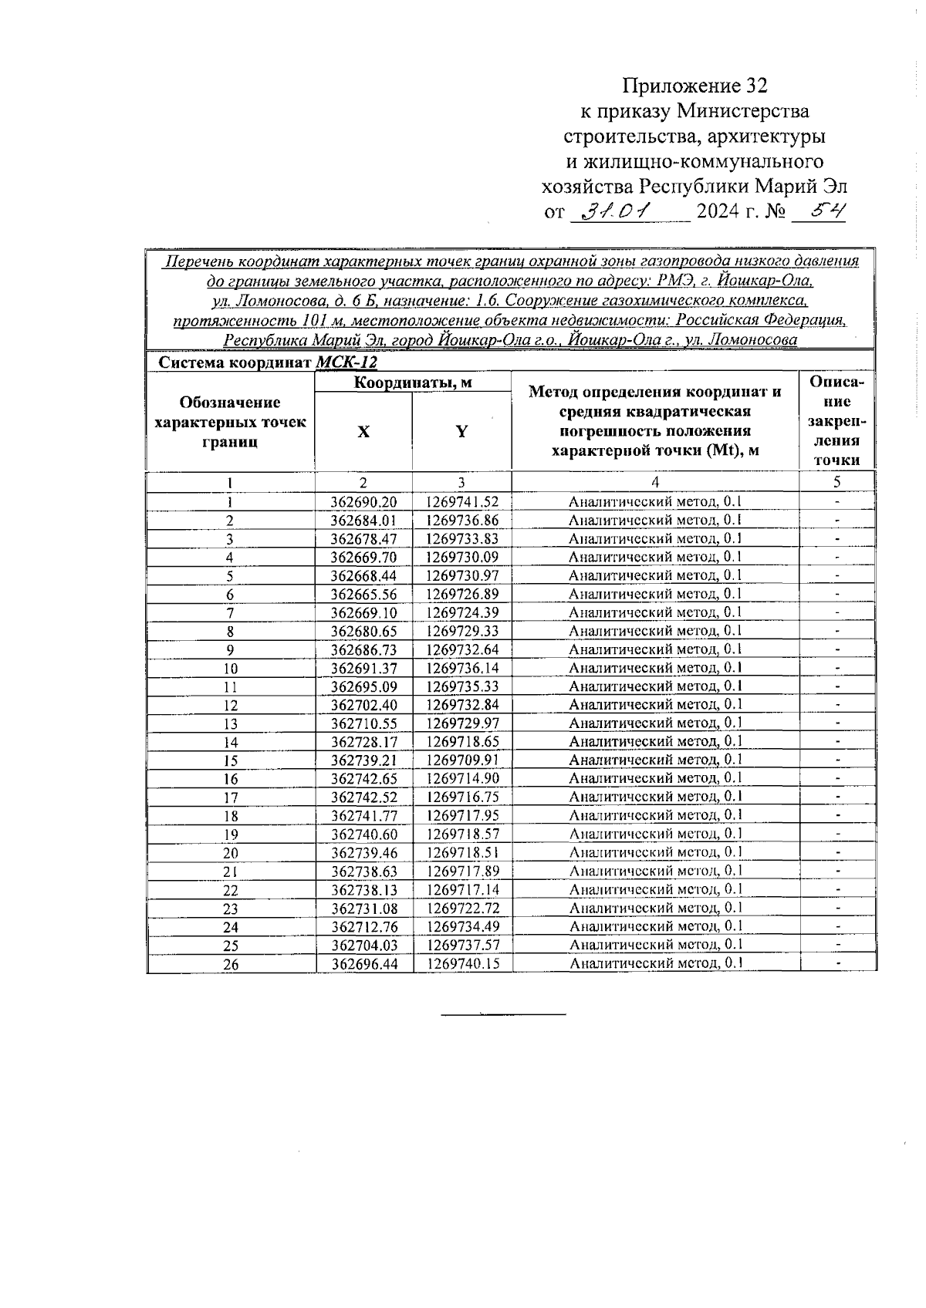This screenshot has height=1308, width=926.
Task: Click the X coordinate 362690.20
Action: coord(363,502)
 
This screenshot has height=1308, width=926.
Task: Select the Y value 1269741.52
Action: coord(461,502)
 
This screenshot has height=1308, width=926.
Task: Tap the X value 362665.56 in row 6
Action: coord(363,594)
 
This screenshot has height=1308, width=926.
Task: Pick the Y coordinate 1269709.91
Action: coord(461,760)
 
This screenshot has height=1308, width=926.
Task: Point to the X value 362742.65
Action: coord(363,779)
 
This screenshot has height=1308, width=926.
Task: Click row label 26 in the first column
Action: coord(231,965)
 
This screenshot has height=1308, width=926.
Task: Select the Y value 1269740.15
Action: coord(461,963)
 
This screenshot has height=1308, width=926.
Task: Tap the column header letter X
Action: coord(363,432)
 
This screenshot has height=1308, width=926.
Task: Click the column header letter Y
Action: coord(461,432)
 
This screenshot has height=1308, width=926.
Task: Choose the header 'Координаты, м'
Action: coord(413,383)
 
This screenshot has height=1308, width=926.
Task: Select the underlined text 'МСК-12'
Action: coord(347,362)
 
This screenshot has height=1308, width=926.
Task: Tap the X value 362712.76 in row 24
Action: coord(363,927)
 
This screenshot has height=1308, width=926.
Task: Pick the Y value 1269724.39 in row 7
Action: coord(461,612)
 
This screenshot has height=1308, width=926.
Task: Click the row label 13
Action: coord(231,724)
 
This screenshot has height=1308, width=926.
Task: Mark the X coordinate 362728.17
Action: coord(363,742)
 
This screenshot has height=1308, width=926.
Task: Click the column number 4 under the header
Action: coord(654,483)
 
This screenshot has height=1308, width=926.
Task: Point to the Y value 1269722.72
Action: coord(461,909)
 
